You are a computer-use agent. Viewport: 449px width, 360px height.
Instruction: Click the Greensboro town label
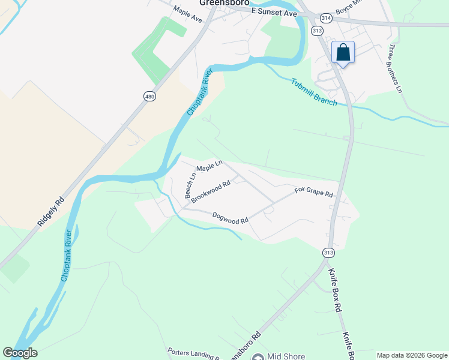(x=224, y=2)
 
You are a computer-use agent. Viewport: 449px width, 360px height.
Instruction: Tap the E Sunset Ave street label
(x=274, y=12)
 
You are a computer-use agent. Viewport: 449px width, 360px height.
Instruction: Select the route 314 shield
(x=326, y=18)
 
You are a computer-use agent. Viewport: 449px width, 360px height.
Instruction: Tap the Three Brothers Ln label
(x=394, y=68)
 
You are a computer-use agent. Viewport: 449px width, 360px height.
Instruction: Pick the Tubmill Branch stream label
(x=315, y=92)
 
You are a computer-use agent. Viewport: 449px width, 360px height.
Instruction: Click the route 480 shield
(x=150, y=96)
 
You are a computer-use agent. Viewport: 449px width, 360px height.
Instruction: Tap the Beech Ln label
(x=190, y=186)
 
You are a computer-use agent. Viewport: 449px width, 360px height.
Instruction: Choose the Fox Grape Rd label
(x=313, y=193)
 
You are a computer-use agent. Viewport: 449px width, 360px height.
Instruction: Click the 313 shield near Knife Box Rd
(x=328, y=253)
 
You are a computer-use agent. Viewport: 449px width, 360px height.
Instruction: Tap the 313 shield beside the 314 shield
(x=318, y=31)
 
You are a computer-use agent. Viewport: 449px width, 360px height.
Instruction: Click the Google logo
(x=20, y=353)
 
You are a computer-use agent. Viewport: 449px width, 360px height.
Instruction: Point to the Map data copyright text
(x=412, y=355)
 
